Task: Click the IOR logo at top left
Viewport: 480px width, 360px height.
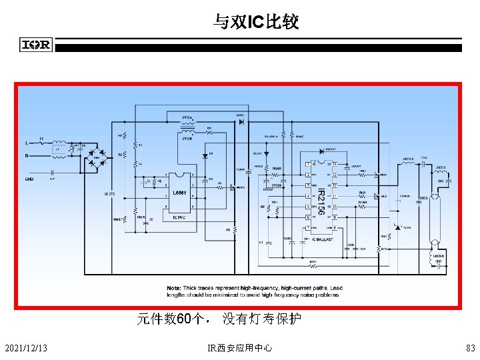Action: tap(36, 45)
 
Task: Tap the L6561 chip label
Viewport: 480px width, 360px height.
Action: tap(179, 193)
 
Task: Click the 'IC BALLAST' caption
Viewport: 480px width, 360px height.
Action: tap(325, 239)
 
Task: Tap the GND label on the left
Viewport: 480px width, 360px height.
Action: tap(29, 179)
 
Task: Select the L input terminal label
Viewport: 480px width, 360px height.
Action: tap(27, 142)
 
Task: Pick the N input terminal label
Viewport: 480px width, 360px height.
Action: tap(27, 156)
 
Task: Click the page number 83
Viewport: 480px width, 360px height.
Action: tap(471, 348)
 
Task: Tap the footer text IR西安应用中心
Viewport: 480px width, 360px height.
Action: tap(239, 348)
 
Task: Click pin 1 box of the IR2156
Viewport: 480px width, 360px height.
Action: tap(308, 164)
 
